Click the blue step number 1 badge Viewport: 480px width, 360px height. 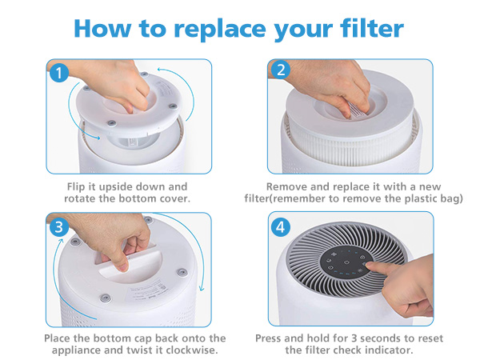tap(59, 73)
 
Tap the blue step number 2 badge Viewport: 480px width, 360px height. tap(281, 70)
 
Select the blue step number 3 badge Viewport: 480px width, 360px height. tap(58, 227)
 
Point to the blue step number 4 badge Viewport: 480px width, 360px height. tap(281, 227)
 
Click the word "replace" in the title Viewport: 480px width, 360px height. tap(220, 29)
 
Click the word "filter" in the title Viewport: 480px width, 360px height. tap(372, 28)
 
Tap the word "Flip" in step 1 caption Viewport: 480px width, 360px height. tap(76, 186)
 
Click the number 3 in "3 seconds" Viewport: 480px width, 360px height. tap(354, 338)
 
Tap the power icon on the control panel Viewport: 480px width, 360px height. tap(346, 262)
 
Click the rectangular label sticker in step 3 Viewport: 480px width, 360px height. tap(147, 291)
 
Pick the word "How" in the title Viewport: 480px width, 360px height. tap(102, 28)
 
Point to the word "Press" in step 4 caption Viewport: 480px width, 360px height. tap(268, 338)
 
